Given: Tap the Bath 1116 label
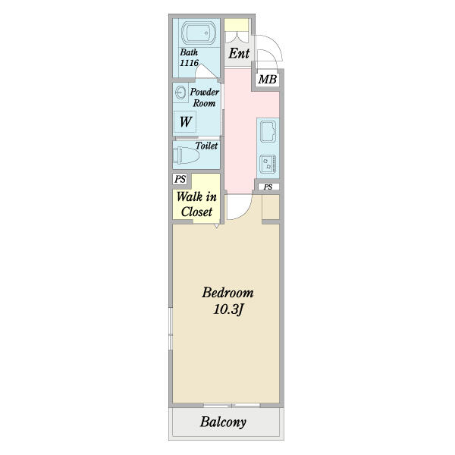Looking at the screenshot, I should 189,58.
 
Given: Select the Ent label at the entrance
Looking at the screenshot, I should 238,54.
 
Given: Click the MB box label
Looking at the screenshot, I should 267,79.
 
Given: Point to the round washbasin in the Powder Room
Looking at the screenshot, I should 180,93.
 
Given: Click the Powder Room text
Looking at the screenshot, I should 204,97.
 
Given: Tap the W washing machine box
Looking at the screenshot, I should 185,121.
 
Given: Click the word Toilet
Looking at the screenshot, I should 206,146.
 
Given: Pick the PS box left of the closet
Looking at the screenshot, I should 180,180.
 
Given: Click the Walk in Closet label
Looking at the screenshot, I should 196,204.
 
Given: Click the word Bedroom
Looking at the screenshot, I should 227,293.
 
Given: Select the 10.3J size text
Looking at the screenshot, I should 227,309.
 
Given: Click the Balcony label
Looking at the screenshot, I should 223,422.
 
